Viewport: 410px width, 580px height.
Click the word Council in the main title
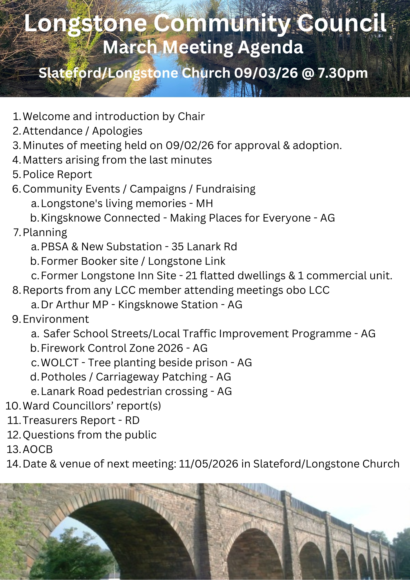[342, 23]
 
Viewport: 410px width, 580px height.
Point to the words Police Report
[57, 174]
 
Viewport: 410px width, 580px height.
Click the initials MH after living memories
[204, 203]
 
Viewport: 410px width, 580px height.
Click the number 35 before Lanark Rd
[177, 246]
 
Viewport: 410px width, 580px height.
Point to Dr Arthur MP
[75, 304]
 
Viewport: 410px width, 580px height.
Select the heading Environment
[56, 319]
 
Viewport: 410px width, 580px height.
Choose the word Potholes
[64, 377]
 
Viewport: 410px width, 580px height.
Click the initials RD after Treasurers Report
[132, 420]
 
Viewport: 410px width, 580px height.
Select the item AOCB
[38, 449]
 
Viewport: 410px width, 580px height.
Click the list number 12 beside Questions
[13, 435]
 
